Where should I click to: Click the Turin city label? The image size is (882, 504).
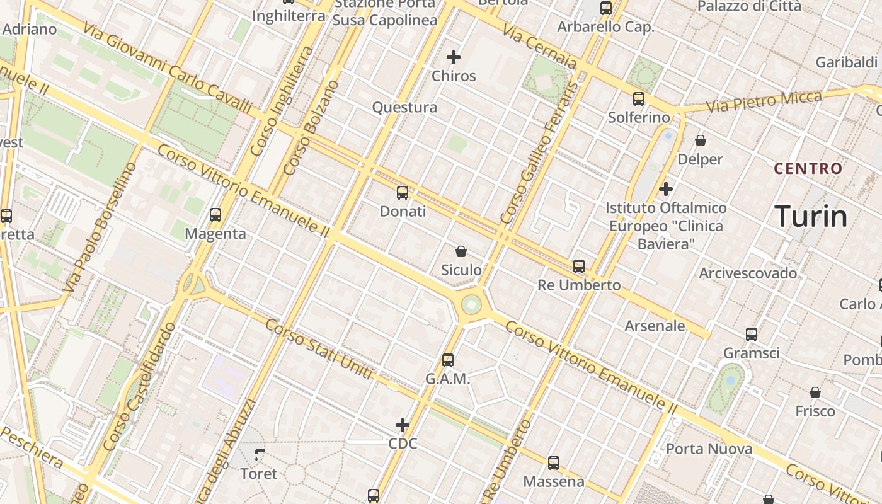pos(811,216)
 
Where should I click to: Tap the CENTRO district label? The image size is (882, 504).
pos(808,168)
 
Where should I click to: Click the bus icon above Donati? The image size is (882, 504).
pos(403,193)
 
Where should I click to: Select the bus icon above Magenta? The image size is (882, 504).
pos(215,215)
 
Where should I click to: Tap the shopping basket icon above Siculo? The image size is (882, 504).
pos(461,252)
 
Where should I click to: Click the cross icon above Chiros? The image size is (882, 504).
pos(454,57)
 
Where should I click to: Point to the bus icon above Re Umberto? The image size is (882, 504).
pos(579,266)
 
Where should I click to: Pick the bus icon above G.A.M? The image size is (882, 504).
pos(448,360)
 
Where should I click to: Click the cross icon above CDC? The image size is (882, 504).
pos(403,425)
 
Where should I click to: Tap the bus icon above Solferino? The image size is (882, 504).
pos(639,99)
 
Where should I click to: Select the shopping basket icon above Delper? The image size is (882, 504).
pos(701,140)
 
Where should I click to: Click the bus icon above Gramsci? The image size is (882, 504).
pos(752,334)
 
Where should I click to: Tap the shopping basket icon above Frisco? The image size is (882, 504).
pos(815,392)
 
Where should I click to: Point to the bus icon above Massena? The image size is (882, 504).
pos(554,463)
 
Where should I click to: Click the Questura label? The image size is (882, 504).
pos(404,107)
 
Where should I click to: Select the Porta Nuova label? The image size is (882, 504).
pos(709,449)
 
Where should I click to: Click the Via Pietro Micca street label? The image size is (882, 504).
pos(764,101)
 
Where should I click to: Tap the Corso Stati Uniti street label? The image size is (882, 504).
pos(319,349)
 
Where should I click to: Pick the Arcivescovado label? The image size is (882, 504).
pos(748,273)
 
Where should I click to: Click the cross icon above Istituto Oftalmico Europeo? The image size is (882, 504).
pos(666,189)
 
